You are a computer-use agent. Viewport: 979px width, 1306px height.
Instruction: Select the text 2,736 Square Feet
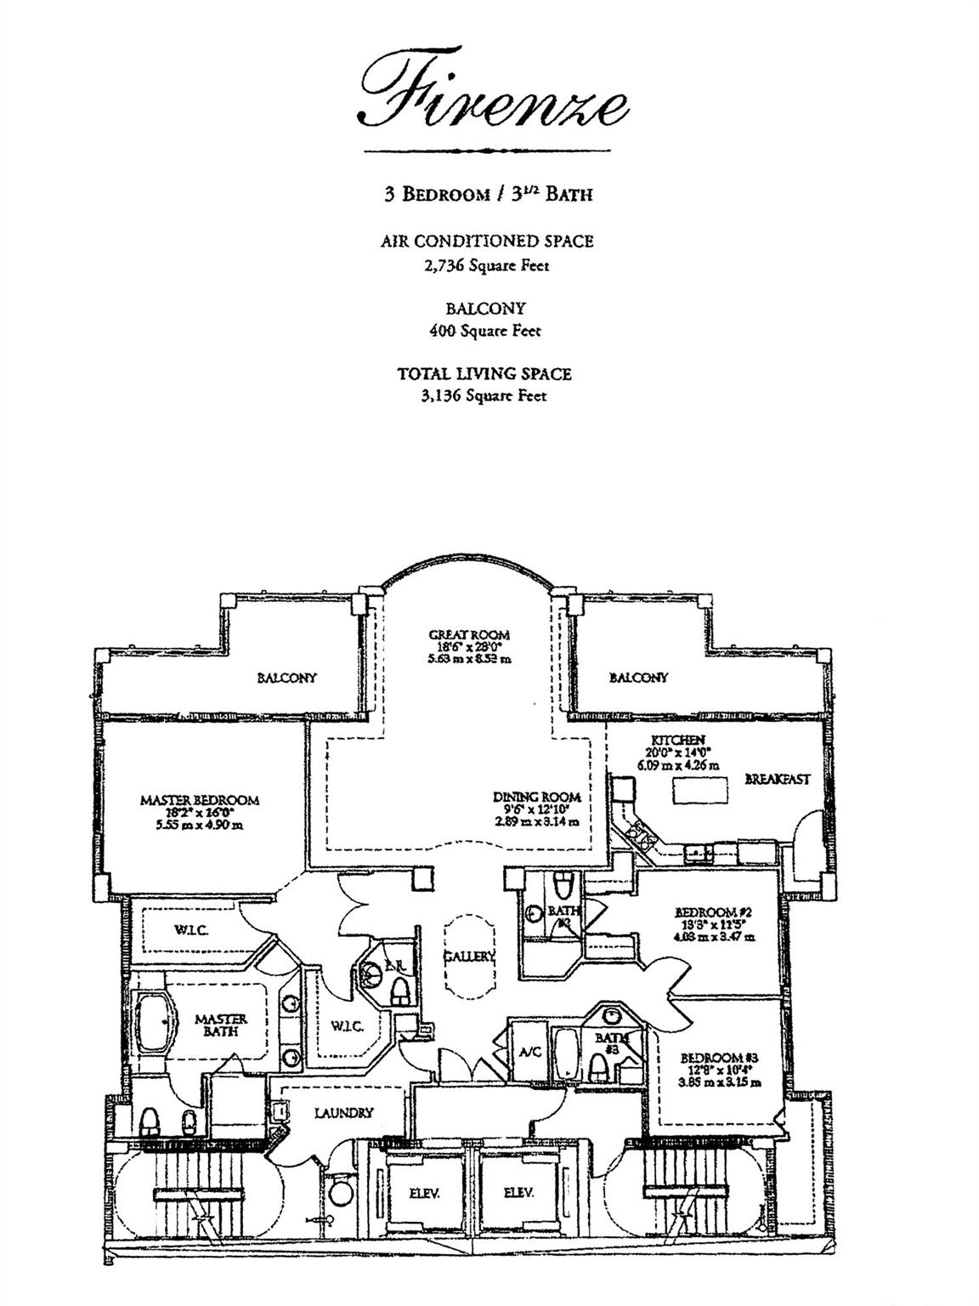[x=487, y=265]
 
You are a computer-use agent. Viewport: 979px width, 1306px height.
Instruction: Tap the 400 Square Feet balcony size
[x=487, y=331]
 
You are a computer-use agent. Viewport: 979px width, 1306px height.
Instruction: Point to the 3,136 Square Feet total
[x=487, y=395]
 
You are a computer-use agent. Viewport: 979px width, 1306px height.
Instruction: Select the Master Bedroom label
[x=200, y=800]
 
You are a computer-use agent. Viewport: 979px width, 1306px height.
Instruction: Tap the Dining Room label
[x=537, y=798]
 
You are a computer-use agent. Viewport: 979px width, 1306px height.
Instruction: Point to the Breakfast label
[x=778, y=779]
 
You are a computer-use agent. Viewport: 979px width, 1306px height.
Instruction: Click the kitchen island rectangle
[x=701, y=791]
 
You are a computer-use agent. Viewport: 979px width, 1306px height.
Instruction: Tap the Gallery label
[x=469, y=957]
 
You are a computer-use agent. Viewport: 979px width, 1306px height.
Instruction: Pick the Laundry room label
[x=343, y=1112]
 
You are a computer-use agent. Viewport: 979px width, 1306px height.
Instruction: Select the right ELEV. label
[x=517, y=1193]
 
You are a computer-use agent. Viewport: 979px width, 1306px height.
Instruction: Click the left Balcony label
[x=286, y=678]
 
